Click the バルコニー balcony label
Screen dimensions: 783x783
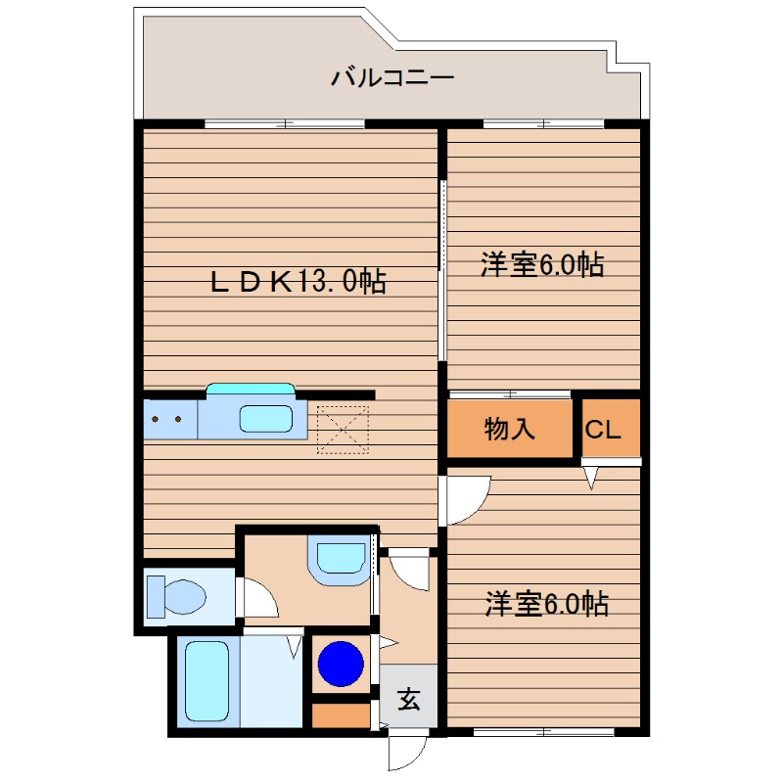coord(391,76)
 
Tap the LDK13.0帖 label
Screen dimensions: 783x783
coord(299,283)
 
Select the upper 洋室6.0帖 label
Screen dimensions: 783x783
coord(541,264)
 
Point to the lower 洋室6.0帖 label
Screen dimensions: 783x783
coord(546,605)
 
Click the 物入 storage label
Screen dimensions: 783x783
coord(510,429)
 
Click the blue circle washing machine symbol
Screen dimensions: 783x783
coord(342,664)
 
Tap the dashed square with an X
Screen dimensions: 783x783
coord(340,430)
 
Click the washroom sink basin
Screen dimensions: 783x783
coord(339,557)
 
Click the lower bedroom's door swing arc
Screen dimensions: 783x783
coord(468,497)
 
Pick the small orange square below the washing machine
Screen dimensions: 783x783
coord(341,714)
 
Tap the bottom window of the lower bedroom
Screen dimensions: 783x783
coord(544,731)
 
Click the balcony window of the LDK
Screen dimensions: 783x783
coord(285,123)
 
